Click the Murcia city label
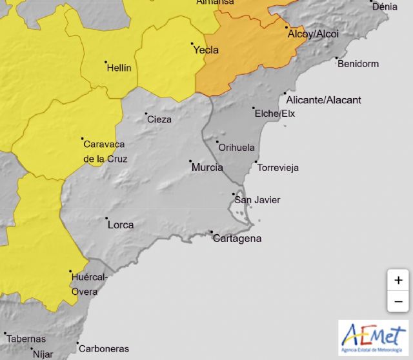click(207, 168)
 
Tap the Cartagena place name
click(237, 239)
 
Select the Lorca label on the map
click(121, 225)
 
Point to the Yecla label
click(206, 50)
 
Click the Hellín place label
click(119, 68)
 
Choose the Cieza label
click(159, 119)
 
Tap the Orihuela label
click(237, 147)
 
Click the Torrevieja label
click(278, 168)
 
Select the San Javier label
click(257, 200)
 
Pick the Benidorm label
click(358, 64)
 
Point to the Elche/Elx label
click(275, 114)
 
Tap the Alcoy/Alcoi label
click(312, 34)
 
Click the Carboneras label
click(104, 348)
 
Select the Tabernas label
click(26, 339)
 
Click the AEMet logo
click(373, 337)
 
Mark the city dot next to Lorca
click(107, 219)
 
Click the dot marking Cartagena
click(211, 232)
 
